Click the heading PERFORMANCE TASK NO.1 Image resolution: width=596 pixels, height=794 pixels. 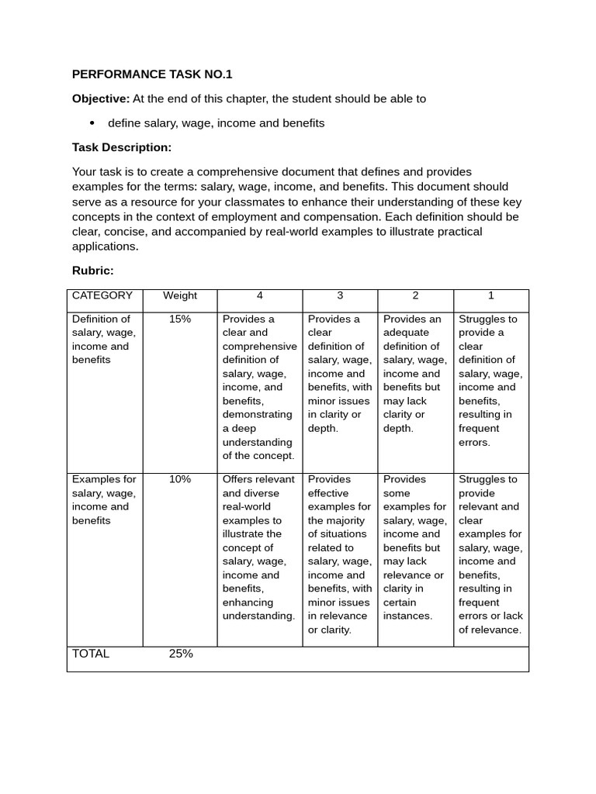click(152, 74)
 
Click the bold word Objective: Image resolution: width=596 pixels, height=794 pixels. click(101, 98)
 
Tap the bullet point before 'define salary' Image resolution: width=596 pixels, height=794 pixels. click(92, 123)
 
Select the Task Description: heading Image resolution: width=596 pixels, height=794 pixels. click(122, 147)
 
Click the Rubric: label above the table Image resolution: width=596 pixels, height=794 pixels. click(93, 270)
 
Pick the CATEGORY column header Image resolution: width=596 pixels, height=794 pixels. click(102, 295)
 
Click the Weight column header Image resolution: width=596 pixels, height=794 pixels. click(180, 295)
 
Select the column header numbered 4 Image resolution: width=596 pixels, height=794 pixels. click(259, 295)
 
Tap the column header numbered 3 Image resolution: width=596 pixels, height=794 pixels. click(340, 295)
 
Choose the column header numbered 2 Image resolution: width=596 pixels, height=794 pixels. click(415, 295)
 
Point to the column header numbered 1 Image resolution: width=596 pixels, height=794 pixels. click(490, 295)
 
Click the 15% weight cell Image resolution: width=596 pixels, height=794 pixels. click(180, 319)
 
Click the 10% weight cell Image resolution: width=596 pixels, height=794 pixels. click(180, 479)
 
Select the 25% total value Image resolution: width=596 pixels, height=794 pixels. click(181, 654)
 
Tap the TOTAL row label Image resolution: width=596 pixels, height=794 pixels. click(91, 654)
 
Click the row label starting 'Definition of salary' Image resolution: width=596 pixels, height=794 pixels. click(102, 340)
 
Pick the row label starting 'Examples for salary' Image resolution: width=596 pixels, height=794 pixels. click(103, 500)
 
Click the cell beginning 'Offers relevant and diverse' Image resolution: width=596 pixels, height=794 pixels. click(259, 547)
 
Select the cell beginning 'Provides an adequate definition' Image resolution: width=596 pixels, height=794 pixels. click(415, 374)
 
